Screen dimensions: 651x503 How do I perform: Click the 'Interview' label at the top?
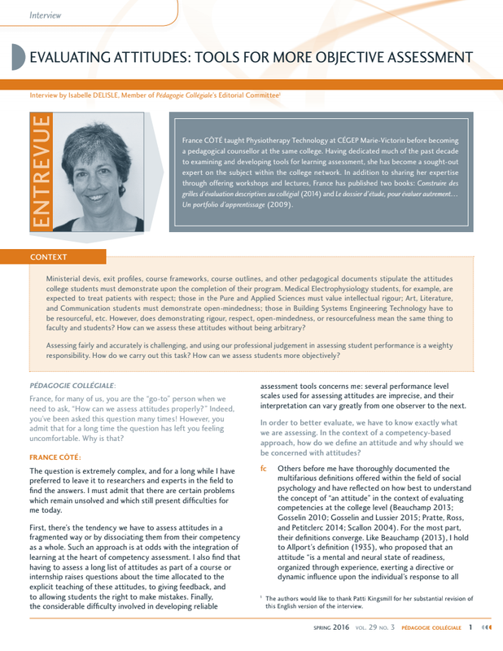pos(45,15)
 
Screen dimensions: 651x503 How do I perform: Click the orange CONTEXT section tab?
pos(48,257)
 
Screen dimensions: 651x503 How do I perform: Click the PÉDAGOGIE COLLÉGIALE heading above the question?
pos(72,384)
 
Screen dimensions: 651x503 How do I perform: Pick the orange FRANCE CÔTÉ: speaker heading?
pos(55,457)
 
